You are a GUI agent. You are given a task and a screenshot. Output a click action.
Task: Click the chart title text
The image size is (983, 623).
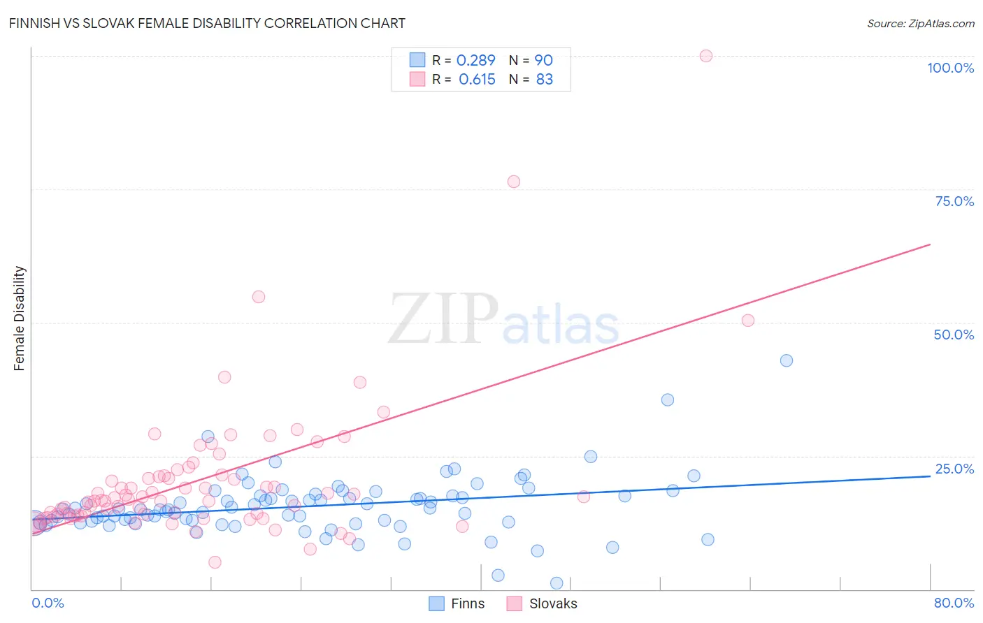pos(207,23)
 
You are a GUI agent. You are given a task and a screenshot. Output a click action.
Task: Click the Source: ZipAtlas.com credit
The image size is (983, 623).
pos(920,23)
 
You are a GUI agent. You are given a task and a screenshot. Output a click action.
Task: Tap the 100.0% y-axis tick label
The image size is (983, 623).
pos(950,68)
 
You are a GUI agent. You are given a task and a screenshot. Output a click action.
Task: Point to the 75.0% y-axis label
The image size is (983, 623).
pos(954,201)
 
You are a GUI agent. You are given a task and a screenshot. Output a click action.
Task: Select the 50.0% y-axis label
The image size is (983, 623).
pos(954,335)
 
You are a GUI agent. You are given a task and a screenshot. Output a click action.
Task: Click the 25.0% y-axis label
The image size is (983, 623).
pos(954,469)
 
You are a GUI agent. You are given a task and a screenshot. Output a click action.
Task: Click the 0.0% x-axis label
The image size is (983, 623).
pos(48,603)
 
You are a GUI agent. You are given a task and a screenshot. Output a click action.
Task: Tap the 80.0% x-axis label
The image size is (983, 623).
pos(954,603)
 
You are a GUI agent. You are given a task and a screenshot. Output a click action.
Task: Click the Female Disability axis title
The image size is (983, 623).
pos(20,318)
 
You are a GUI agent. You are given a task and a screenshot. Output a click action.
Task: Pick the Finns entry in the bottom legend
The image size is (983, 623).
pos(467,603)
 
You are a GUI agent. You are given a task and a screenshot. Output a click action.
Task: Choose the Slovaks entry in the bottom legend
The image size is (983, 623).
pos(552,603)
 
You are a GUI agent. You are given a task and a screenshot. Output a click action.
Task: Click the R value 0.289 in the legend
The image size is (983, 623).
pos(475,61)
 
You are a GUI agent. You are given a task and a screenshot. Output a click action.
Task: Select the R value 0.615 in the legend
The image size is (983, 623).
pos(477,80)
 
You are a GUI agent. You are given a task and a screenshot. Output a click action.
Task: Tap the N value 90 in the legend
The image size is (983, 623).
pos(543,61)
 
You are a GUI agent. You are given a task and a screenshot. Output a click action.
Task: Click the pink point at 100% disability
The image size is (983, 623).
pos(706,56)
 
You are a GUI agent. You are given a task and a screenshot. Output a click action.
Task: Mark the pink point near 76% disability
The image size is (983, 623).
pos(514,182)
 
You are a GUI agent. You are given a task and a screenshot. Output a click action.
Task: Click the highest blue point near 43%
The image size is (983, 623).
pos(787,361)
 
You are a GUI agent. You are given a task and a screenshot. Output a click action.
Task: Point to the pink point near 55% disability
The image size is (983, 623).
pos(259,297)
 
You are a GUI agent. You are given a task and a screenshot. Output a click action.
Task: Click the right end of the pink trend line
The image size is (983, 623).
pos(930,244)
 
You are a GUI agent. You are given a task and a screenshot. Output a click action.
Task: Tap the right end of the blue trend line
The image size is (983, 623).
pos(930,476)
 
